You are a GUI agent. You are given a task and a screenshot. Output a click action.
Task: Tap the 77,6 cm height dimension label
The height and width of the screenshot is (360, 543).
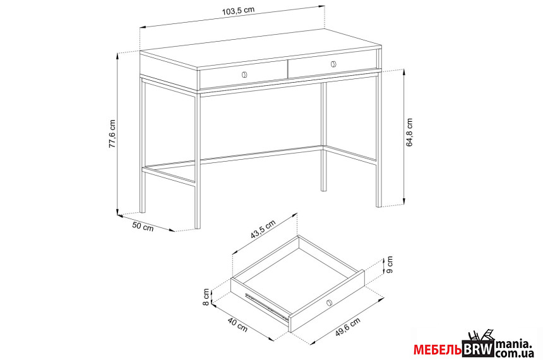coord(112,134)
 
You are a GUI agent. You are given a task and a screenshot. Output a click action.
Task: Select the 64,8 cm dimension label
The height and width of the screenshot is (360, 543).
coord(409,133)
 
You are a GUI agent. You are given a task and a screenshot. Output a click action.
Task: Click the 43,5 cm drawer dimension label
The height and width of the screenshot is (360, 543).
coord(263,229)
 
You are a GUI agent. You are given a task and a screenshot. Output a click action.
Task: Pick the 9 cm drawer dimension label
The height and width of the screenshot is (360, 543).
coord(389,265)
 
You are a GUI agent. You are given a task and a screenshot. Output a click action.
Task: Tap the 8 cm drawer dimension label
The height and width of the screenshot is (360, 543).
coord(206,297)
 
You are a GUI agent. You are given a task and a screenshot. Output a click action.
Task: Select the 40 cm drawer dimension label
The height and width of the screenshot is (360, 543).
coord(237,325)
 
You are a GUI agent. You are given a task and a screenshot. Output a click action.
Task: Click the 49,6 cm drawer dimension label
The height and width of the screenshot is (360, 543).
coord(348,327)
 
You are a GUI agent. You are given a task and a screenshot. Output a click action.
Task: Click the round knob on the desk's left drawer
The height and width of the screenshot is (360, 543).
coord(244,75)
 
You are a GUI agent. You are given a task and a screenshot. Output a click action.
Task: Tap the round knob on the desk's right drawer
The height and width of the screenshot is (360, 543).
coord(333,64)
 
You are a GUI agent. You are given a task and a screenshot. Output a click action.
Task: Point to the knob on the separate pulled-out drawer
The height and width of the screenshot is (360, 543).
coord(328,303)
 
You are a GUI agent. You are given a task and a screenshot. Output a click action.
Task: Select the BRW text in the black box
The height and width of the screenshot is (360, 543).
coord(478,349)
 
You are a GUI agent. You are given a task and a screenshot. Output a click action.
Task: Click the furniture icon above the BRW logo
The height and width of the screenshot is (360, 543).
coord(480,335)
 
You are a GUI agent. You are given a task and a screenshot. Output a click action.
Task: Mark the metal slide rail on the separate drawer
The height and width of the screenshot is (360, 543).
coord(266,306)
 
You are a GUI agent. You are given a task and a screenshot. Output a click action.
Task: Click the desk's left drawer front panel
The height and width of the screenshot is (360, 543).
coord(244,75)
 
